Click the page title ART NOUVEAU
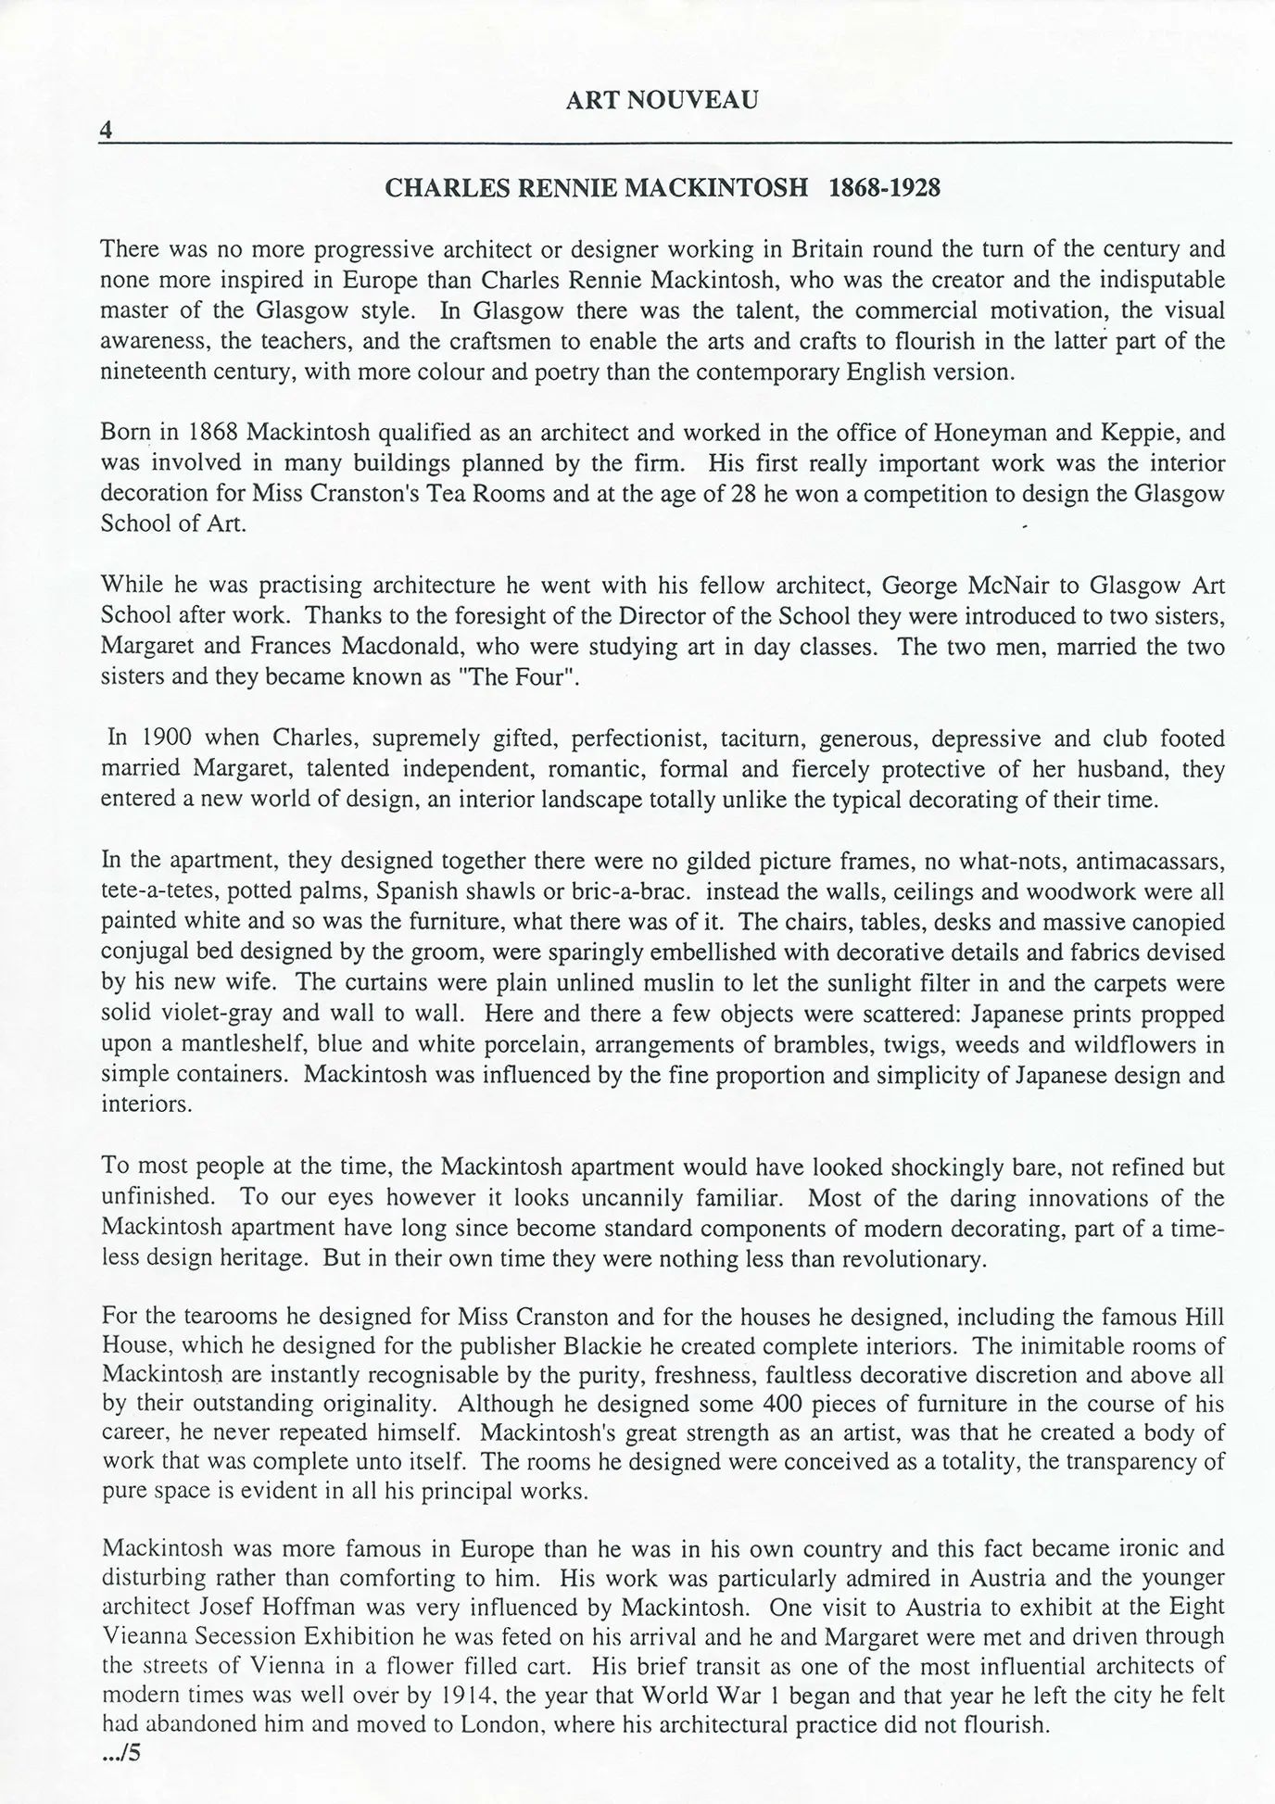(662, 100)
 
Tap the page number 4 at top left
(106, 131)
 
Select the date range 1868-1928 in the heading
(884, 188)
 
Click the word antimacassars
(1155, 862)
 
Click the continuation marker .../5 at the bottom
(120, 1753)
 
